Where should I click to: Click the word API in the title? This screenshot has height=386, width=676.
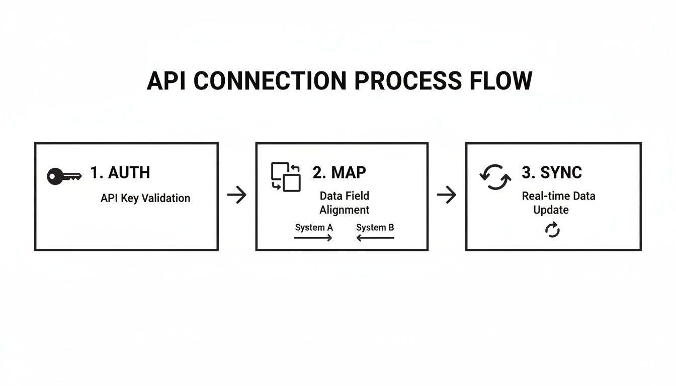(167, 81)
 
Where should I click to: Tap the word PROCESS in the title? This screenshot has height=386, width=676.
(407, 81)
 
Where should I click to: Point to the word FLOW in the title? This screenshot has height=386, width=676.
(501, 81)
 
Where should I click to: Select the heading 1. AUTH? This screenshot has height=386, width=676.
(120, 172)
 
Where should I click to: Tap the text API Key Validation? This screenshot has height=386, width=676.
(145, 198)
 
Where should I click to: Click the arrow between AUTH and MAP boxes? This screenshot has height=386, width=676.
(237, 195)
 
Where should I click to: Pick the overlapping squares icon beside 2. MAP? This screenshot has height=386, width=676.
(286, 176)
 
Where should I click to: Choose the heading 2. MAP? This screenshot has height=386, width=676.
(340, 172)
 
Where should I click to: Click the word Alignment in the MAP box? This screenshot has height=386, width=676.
(345, 210)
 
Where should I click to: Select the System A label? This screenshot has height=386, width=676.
(314, 227)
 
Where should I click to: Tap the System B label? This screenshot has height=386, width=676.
(375, 227)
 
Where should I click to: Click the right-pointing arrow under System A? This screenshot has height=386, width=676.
(313, 238)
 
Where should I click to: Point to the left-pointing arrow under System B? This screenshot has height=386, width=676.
(375, 238)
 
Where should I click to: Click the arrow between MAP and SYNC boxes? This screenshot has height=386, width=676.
(446, 195)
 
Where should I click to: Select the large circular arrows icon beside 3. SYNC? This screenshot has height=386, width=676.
(495, 177)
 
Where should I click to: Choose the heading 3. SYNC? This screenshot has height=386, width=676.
(552, 172)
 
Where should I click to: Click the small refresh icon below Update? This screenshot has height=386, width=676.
(552, 230)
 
